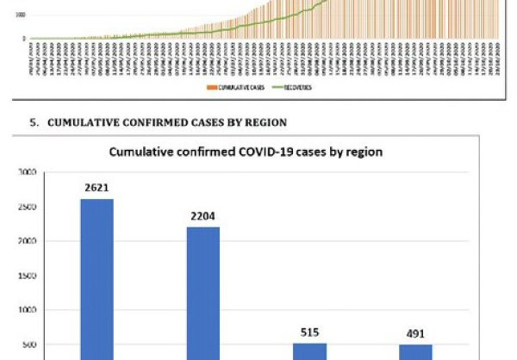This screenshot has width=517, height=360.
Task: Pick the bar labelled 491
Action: point(416,351)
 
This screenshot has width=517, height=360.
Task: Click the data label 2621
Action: point(97,186)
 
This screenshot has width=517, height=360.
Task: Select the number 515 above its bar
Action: point(310,331)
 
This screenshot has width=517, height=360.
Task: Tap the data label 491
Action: point(416,332)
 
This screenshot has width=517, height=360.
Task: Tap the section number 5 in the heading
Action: point(34,123)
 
